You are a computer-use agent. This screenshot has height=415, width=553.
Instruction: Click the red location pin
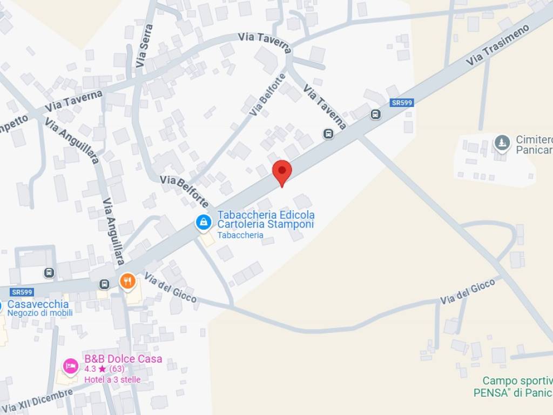(x=281, y=171)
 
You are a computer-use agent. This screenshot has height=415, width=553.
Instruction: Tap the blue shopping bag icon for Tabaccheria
(x=203, y=222)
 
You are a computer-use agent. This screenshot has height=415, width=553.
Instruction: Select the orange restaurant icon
(x=127, y=280)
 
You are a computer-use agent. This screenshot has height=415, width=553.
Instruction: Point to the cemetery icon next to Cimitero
(x=502, y=143)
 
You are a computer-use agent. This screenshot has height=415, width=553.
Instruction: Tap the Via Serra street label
(x=144, y=45)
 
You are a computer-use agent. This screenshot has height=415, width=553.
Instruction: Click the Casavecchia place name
(x=38, y=304)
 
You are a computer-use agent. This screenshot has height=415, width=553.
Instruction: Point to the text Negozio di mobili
(x=40, y=313)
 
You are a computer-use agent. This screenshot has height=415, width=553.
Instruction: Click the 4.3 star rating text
(x=104, y=370)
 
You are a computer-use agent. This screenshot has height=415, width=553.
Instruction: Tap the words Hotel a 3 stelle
(x=112, y=379)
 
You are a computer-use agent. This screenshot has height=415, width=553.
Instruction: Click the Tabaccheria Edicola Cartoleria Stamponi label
(x=266, y=219)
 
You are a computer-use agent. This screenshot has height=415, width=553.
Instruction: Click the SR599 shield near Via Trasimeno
(x=401, y=103)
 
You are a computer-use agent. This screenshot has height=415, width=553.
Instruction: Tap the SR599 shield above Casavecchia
(x=22, y=292)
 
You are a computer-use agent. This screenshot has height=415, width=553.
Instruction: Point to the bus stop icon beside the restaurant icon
(x=104, y=284)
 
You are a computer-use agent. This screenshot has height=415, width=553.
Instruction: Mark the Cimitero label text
(x=534, y=139)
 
